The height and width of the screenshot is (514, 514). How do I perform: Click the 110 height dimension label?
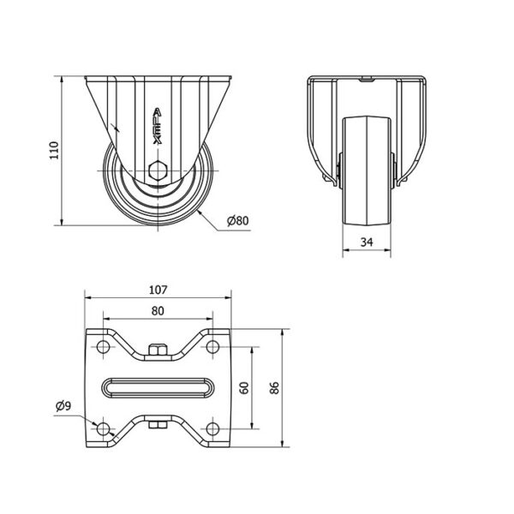click(x=54, y=151)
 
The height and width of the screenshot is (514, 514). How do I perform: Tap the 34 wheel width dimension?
click(x=367, y=242)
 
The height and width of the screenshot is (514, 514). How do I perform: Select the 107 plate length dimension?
click(x=158, y=289)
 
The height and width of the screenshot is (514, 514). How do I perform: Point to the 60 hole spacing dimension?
click(x=244, y=388)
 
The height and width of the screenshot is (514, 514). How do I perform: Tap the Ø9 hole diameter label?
click(x=63, y=406)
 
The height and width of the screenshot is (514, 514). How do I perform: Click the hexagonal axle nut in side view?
click(x=158, y=170)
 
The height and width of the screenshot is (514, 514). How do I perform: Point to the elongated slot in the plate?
click(x=158, y=387)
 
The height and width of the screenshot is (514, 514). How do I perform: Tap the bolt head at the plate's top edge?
click(x=158, y=350)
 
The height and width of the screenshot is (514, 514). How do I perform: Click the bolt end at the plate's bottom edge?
click(x=158, y=423)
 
